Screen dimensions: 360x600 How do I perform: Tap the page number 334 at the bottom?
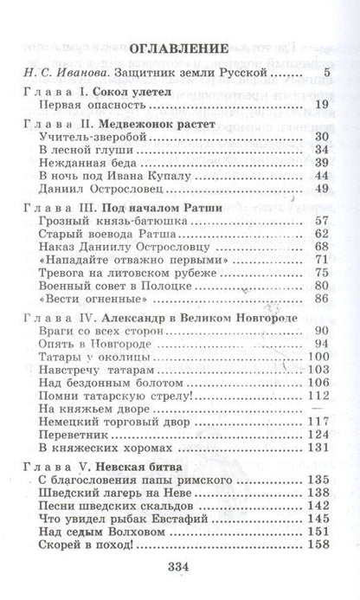pos(179,566)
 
